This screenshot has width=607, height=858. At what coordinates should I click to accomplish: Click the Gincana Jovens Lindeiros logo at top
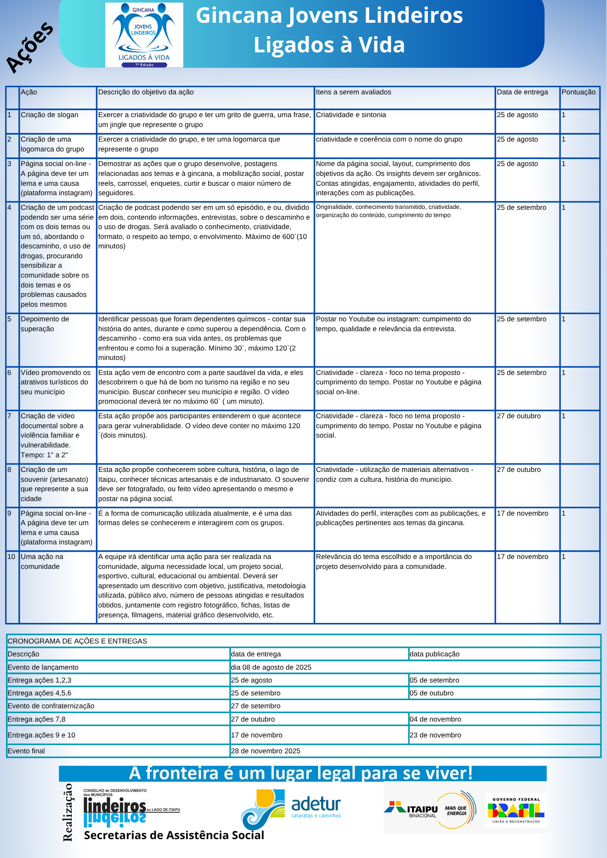pos(144,35)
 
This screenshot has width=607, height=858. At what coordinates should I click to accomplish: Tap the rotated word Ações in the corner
pos(29,47)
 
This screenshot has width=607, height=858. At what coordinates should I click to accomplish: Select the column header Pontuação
pos(578,92)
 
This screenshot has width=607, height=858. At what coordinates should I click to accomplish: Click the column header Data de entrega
pos(522,92)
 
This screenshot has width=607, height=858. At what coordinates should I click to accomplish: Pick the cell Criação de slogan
pos(49,115)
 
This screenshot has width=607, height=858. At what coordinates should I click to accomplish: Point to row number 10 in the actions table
pos(11,557)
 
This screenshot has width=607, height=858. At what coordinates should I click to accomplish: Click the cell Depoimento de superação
pos(45,324)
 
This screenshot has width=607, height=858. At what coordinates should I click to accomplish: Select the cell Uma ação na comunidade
pos(42,562)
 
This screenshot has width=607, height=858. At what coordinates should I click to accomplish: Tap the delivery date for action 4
pos(521,208)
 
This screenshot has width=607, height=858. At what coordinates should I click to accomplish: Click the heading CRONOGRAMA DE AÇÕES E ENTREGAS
pos(77,641)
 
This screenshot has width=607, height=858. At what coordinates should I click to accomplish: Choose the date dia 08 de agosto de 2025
pos(271,667)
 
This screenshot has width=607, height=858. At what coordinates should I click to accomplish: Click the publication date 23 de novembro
pos(435,735)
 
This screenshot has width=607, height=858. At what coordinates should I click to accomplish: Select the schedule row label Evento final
pos(26,751)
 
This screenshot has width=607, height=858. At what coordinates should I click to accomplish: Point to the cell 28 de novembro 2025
pos(265,751)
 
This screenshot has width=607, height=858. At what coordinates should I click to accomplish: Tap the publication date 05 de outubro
pos(431,693)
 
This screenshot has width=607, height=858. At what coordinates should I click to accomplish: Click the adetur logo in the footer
pos(292,808)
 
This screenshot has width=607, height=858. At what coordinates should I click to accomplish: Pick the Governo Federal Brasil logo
pos(516,810)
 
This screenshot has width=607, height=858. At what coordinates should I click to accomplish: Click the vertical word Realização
pos(67,812)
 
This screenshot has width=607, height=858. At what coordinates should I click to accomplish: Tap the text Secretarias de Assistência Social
pos(174,835)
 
